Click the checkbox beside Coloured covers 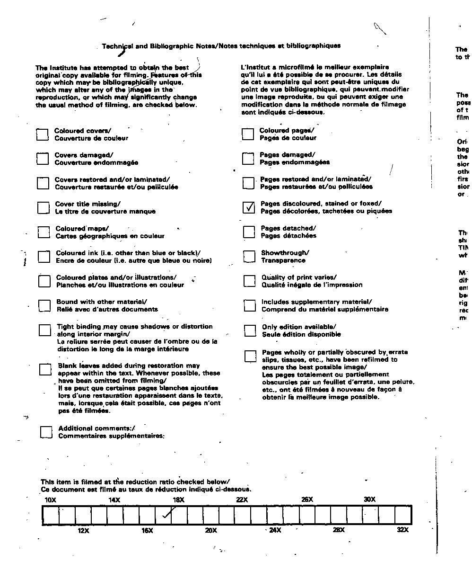[43, 134]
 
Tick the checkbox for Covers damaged [43, 159]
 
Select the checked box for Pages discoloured [248, 207]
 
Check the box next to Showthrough [249, 257]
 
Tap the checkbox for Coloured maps [44, 232]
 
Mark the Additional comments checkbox [46, 432]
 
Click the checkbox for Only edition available [250, 330]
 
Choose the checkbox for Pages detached [249, 232]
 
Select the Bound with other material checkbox [44, 306]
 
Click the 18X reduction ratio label [178, 500]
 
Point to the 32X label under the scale [402, 530]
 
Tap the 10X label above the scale [50, 500]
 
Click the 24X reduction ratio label [275, 530]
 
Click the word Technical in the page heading [117, 46]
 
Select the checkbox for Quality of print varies [249, 281]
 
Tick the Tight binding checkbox [45, 330]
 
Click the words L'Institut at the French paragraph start [255, 67]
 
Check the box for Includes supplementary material [250, 306]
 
